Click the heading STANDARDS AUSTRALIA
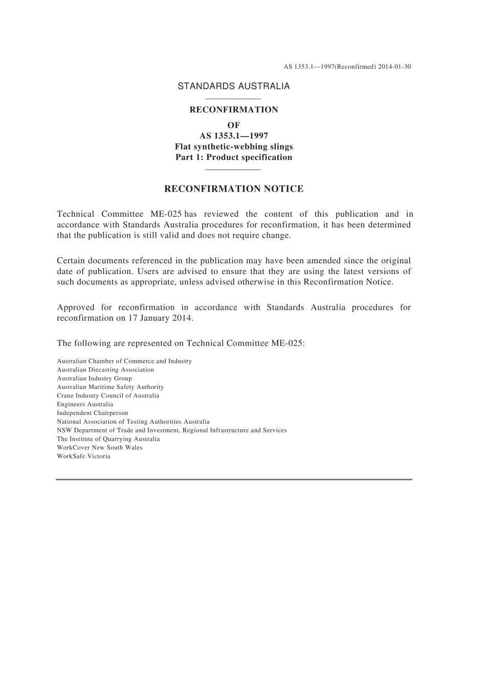(x=233, y=86)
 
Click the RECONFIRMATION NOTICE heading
(x=233, y=189)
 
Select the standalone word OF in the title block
(x=233, y=125)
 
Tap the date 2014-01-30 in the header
(x=394, y=67)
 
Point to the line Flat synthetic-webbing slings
(x=233, y=147)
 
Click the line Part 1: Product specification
(x=233, y=157)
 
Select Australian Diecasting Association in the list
(x=105, y=369)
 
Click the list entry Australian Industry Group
(x=94, y=378)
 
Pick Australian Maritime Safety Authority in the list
(x=110, y=387)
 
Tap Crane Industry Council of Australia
(x=108, y=395)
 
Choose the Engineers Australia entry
(x=85, y=404)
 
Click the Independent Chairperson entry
(x=93, y=413)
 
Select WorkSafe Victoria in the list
(x=83, y=456)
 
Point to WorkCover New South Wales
(x=100, y=447)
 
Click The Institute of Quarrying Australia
(x=108, y=439)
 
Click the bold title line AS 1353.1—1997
(x=233, y=136)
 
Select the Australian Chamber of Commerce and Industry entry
(x=124, y=361)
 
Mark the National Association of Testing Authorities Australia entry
(x=133, y=422)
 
